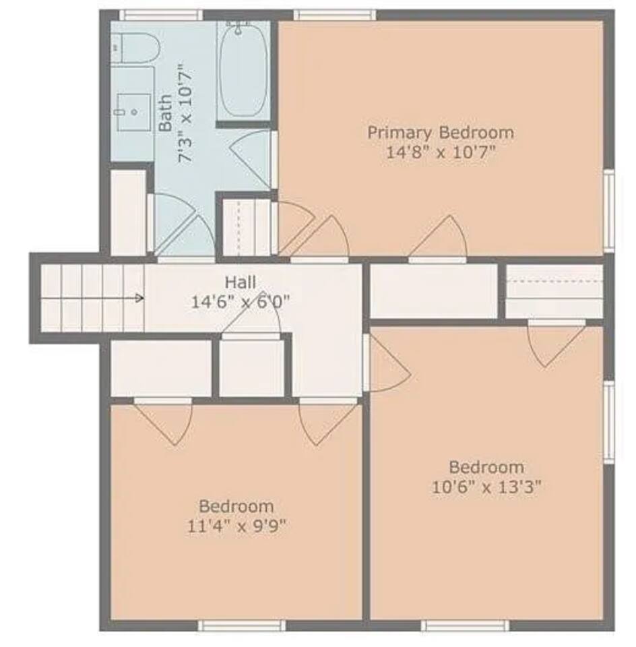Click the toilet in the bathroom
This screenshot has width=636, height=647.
tap(135, 49)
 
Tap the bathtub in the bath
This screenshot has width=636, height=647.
tap(243, 70)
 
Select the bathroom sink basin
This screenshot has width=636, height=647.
tap(134, 112)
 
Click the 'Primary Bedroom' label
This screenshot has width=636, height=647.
tap(441, 133)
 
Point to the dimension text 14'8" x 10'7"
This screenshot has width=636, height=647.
tap(441, 153)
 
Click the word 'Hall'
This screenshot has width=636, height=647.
tap(241, 282)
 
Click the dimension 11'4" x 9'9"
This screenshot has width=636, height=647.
tap(236, 526)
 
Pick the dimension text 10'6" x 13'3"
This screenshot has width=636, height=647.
tap(486, 487)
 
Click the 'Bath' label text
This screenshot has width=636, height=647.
tap(166, 113)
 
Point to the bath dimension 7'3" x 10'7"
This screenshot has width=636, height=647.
tap(185, 113)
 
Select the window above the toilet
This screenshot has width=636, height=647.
tap(161, 16)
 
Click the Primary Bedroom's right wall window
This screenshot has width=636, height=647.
tap(609, 210)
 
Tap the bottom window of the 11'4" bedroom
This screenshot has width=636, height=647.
tap(242, 625)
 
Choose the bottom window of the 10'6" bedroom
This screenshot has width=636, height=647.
tap(466, 625)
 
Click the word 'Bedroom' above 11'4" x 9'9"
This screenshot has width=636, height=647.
tap(236, 506)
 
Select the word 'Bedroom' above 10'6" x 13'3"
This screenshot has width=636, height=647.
tap(486, 468)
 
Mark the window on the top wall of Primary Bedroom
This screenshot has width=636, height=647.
tap(335, 16)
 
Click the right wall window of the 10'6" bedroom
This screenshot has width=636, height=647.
tap(609, 422)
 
